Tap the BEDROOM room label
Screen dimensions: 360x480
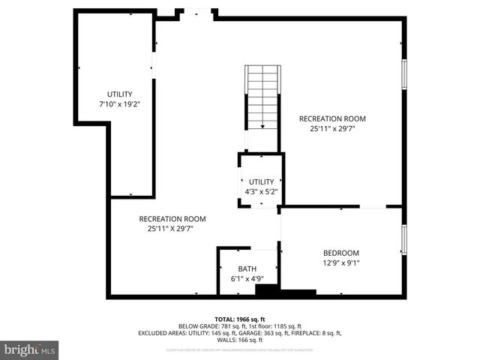point(340,253)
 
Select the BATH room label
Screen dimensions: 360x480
point(247,268)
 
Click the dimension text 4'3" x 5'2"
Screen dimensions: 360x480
point(261,191)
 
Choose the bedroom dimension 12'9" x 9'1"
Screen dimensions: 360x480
point(340,263)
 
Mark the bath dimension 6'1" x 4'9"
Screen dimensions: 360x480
point(247,279)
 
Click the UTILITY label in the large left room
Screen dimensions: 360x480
point(119,94)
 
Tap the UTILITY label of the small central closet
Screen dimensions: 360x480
point(262,181)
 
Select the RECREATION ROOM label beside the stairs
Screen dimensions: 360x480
point(332,118)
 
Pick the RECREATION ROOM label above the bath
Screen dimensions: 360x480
point(172,219)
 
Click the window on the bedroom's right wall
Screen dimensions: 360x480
point(404,240)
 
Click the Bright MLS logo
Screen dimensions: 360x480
point(30,349)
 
